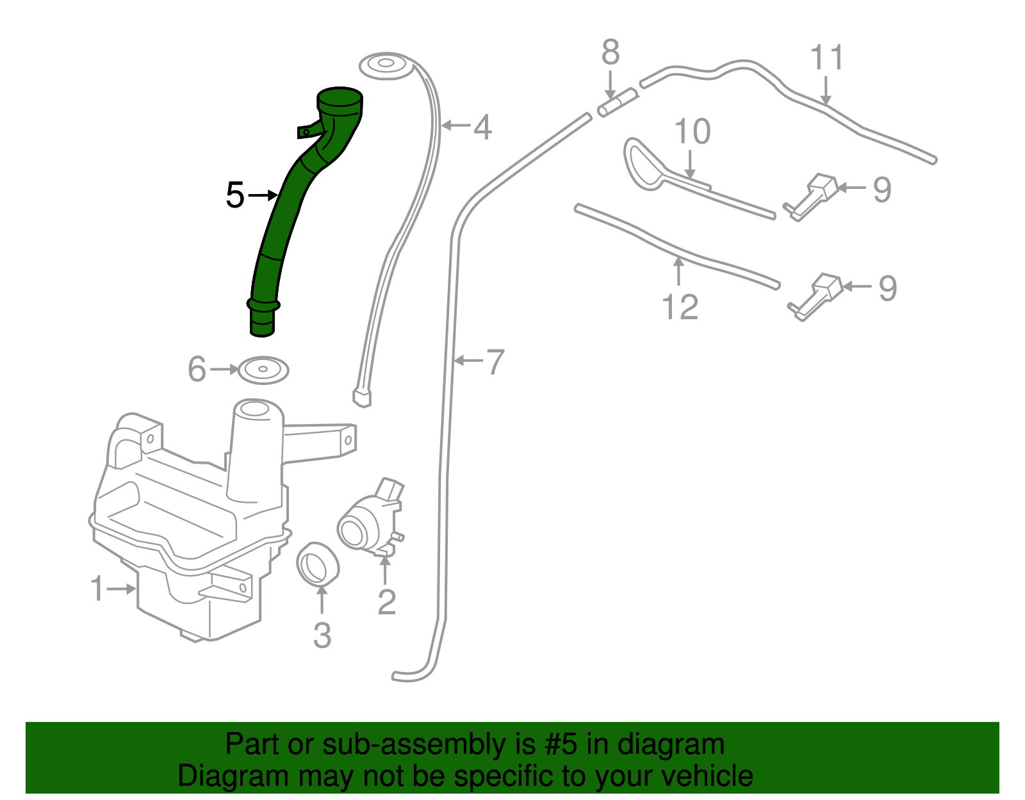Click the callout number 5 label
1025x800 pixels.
coord(235,195)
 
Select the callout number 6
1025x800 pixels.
coord(197,370)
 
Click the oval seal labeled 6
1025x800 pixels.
coord(263,370)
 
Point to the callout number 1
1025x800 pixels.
coord(97,589)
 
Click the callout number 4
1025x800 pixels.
coord(482,127)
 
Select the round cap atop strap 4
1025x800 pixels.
coord(385,65)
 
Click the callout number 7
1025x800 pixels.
coord(495,362)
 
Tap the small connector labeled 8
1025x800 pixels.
coord(618,102)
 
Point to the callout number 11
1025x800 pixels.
coord(827,58)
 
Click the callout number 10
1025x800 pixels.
coord(693,132)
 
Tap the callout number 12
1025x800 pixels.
coord(680,307)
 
